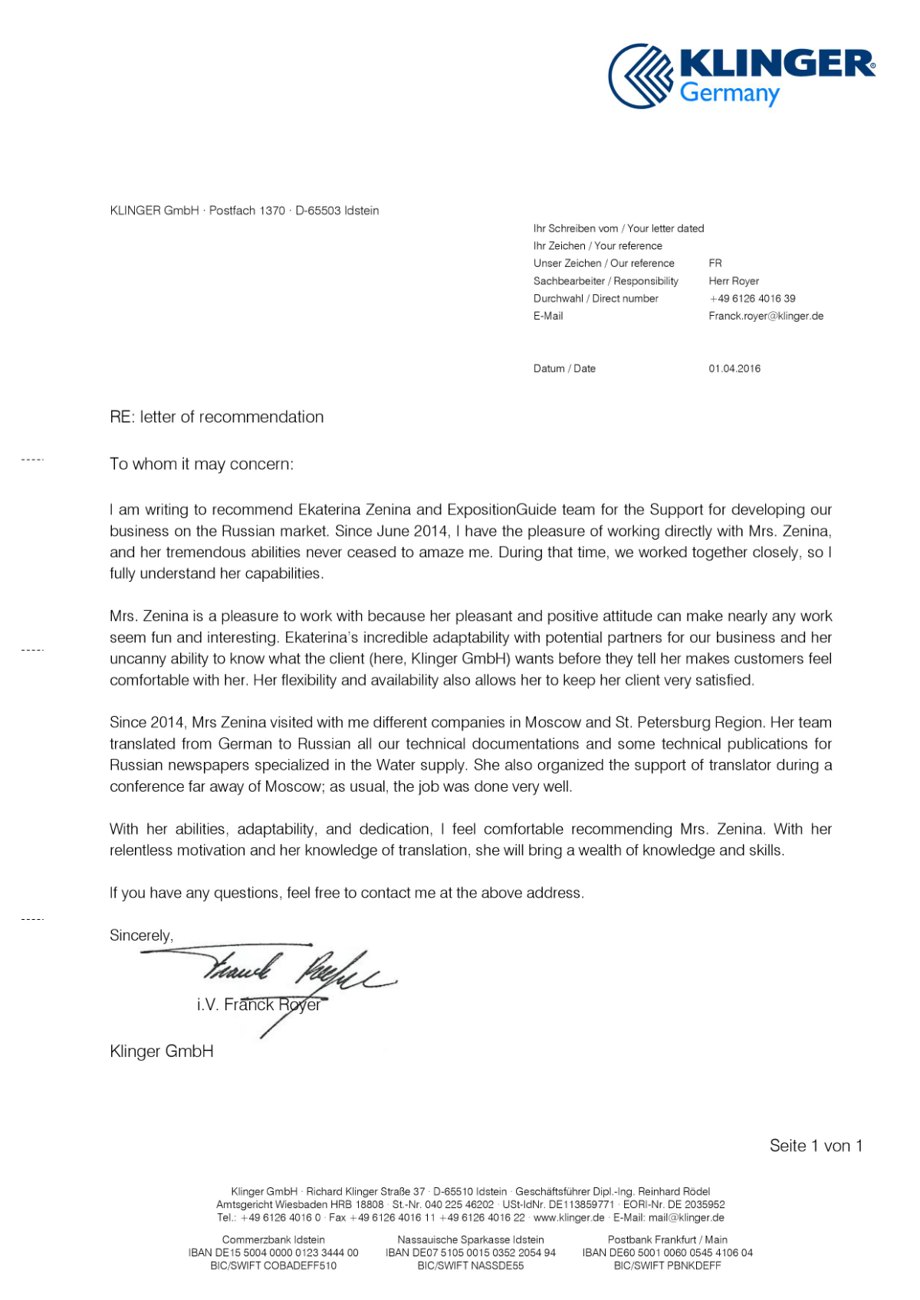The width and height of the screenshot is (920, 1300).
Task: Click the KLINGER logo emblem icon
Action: pos(641,76)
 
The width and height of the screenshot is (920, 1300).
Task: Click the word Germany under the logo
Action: pos(729,94)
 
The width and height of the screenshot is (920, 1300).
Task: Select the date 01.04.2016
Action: pos(734,369)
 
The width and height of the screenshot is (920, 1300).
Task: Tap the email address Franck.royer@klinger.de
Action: pos(765,316)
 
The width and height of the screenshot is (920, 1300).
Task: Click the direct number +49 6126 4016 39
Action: pos(751,298)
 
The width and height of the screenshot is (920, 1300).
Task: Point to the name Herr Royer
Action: pos(733,281)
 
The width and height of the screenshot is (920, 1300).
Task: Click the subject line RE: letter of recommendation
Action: pos(216,417)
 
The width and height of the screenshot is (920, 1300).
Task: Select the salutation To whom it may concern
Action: pos(201,464)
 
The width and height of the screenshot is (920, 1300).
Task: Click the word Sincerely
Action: pos(141,935)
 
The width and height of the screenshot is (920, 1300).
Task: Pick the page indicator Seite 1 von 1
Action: pos(816,1146)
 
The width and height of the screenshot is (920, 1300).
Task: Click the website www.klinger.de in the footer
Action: pos(568,1217)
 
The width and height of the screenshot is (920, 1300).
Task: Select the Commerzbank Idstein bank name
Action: pos(273,1239)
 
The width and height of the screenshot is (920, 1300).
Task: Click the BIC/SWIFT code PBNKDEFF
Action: pos(667,1266)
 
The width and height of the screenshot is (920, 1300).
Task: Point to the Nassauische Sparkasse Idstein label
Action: pos(470,1239)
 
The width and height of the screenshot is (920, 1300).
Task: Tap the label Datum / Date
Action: pos(564,369)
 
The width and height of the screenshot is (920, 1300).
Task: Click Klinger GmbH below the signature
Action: pos(161,1052)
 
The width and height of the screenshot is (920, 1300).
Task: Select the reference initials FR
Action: pos(715,263)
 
